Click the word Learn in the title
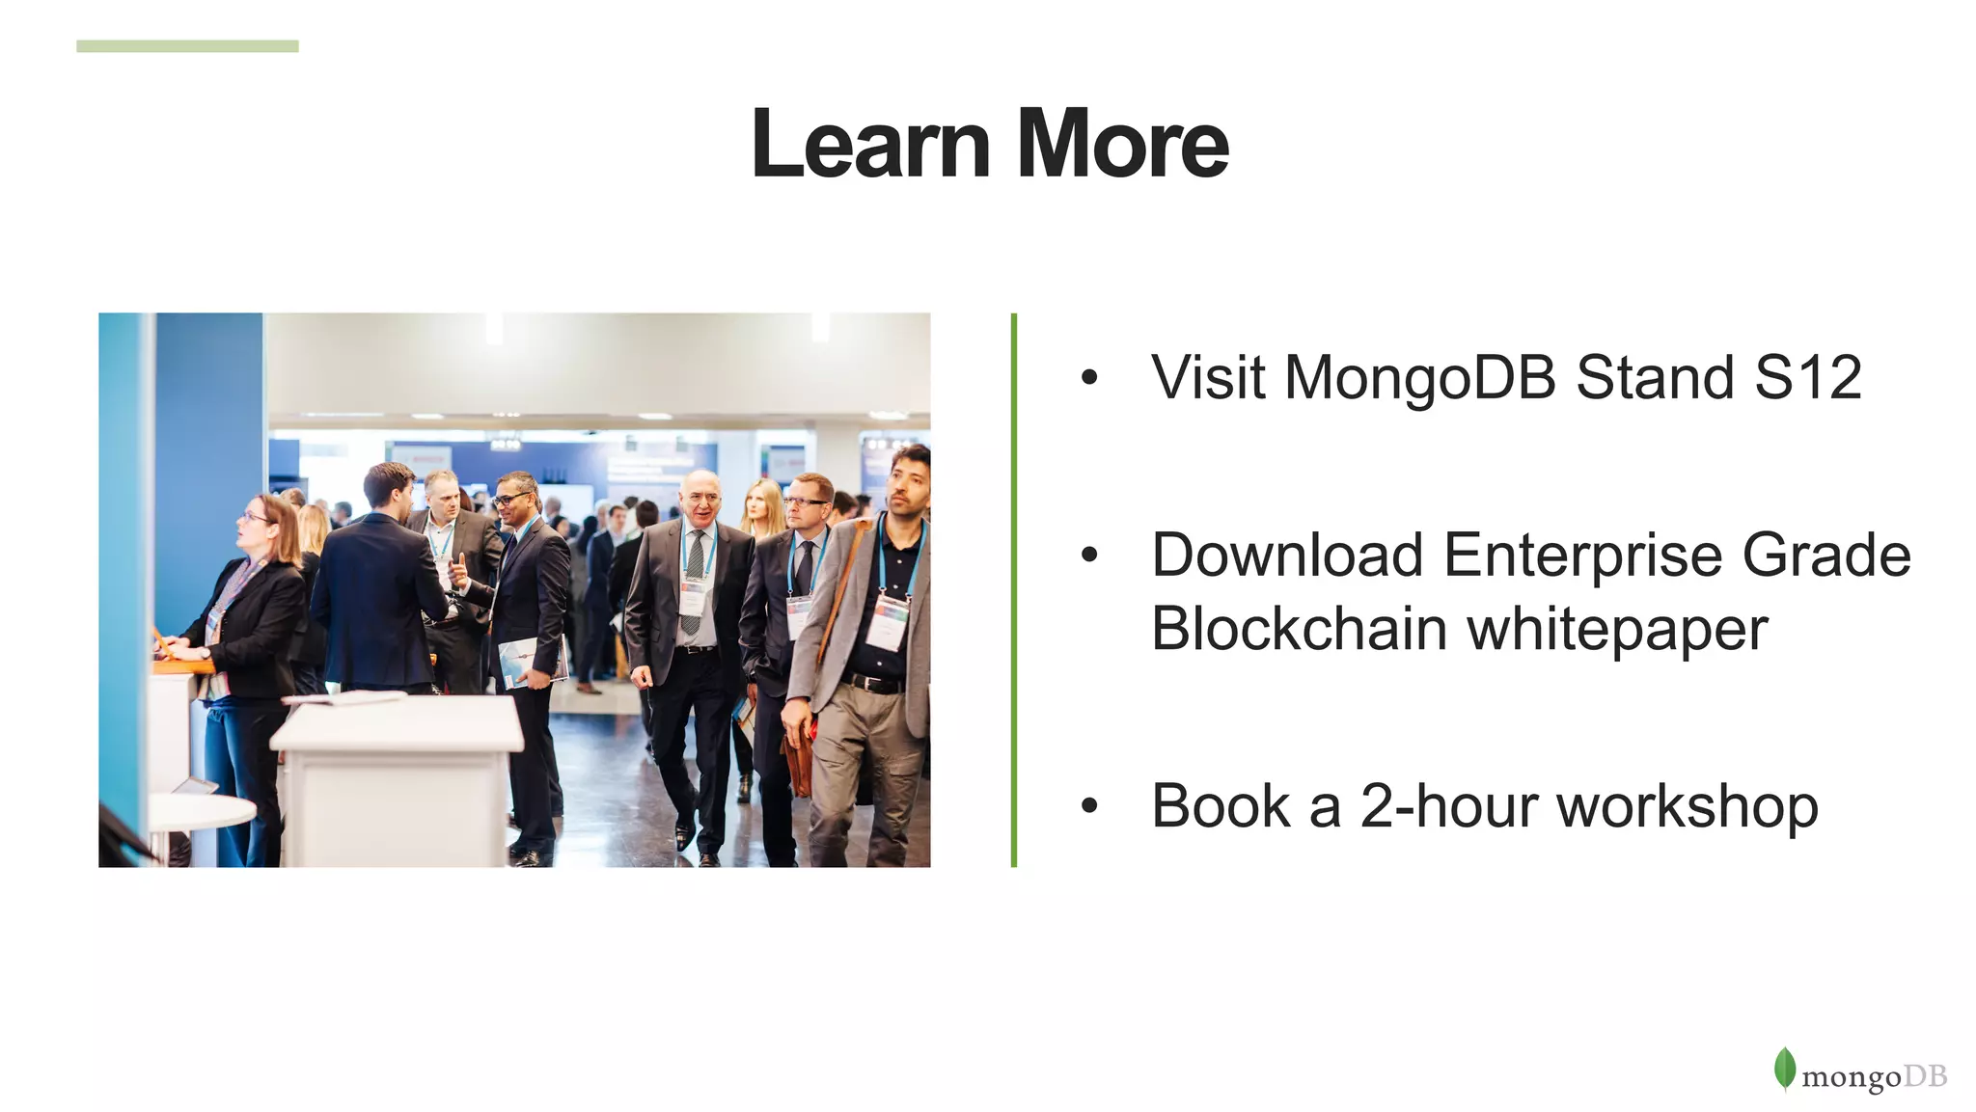pyautogui.click(x=869, y=145)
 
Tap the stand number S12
pyautogui.click(x=1808, y=377)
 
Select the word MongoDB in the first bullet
pyautogui.click(x=1420, y=377)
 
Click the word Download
pyautogui.click(x=1287, y=556)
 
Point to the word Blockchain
pyautogui.click(x=1299, y=629)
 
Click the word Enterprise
pyautogui.click(x=1582, y=557)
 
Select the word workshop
pyautogui.click(x=1688, y=808)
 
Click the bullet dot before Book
pyautogui.click(x=1089, y=806)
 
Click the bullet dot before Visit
pyautogui.click(x=1089, y=377)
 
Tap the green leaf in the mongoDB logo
pyautogui.click(x=1784, y=1069)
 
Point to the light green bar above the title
pyautogui.click(x=187, y=46)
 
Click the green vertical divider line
pyautogui.click(x=1013, y=589)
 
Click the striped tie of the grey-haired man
pyautogui.click(x=694, y=579)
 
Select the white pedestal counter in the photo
pyautogui.click(x=397, y=772)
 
